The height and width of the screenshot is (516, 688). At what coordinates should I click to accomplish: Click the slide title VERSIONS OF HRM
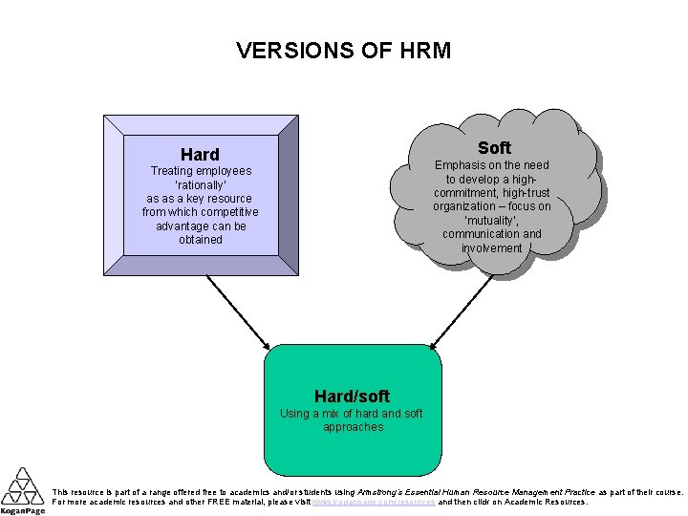(343, 51)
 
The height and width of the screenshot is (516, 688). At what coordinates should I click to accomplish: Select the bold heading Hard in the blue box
(200, 154)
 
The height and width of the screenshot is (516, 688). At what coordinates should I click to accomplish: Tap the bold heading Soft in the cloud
(494, 147)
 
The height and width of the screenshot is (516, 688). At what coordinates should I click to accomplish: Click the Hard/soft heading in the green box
(352, 396)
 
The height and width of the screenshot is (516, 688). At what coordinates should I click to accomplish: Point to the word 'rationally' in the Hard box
(200, 184)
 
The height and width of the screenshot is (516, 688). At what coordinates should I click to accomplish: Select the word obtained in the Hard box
(200, 240)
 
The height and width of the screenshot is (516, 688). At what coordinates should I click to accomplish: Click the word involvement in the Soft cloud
(492, 247)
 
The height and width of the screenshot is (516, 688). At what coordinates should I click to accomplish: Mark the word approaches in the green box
(353, 427)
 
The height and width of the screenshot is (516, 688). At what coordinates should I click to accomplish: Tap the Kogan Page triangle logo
(21, 486)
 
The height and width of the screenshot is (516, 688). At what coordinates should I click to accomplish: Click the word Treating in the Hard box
(174, 171)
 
